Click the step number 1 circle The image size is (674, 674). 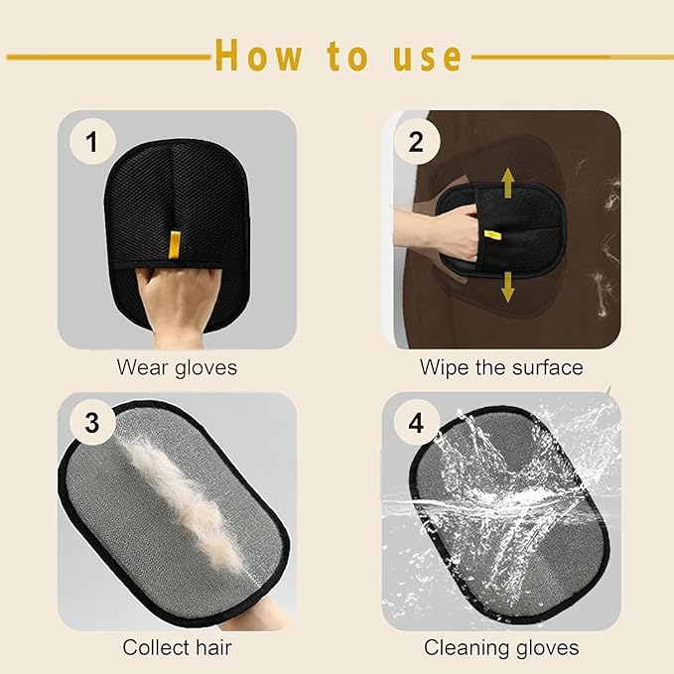92,143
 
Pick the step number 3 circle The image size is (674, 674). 92,424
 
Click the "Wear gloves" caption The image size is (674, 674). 177,367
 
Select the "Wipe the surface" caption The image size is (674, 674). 501,367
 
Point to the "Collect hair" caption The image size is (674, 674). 177,648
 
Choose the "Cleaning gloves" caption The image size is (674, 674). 501,648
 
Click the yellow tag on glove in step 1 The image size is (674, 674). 175,242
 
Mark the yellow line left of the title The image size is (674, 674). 109,57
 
